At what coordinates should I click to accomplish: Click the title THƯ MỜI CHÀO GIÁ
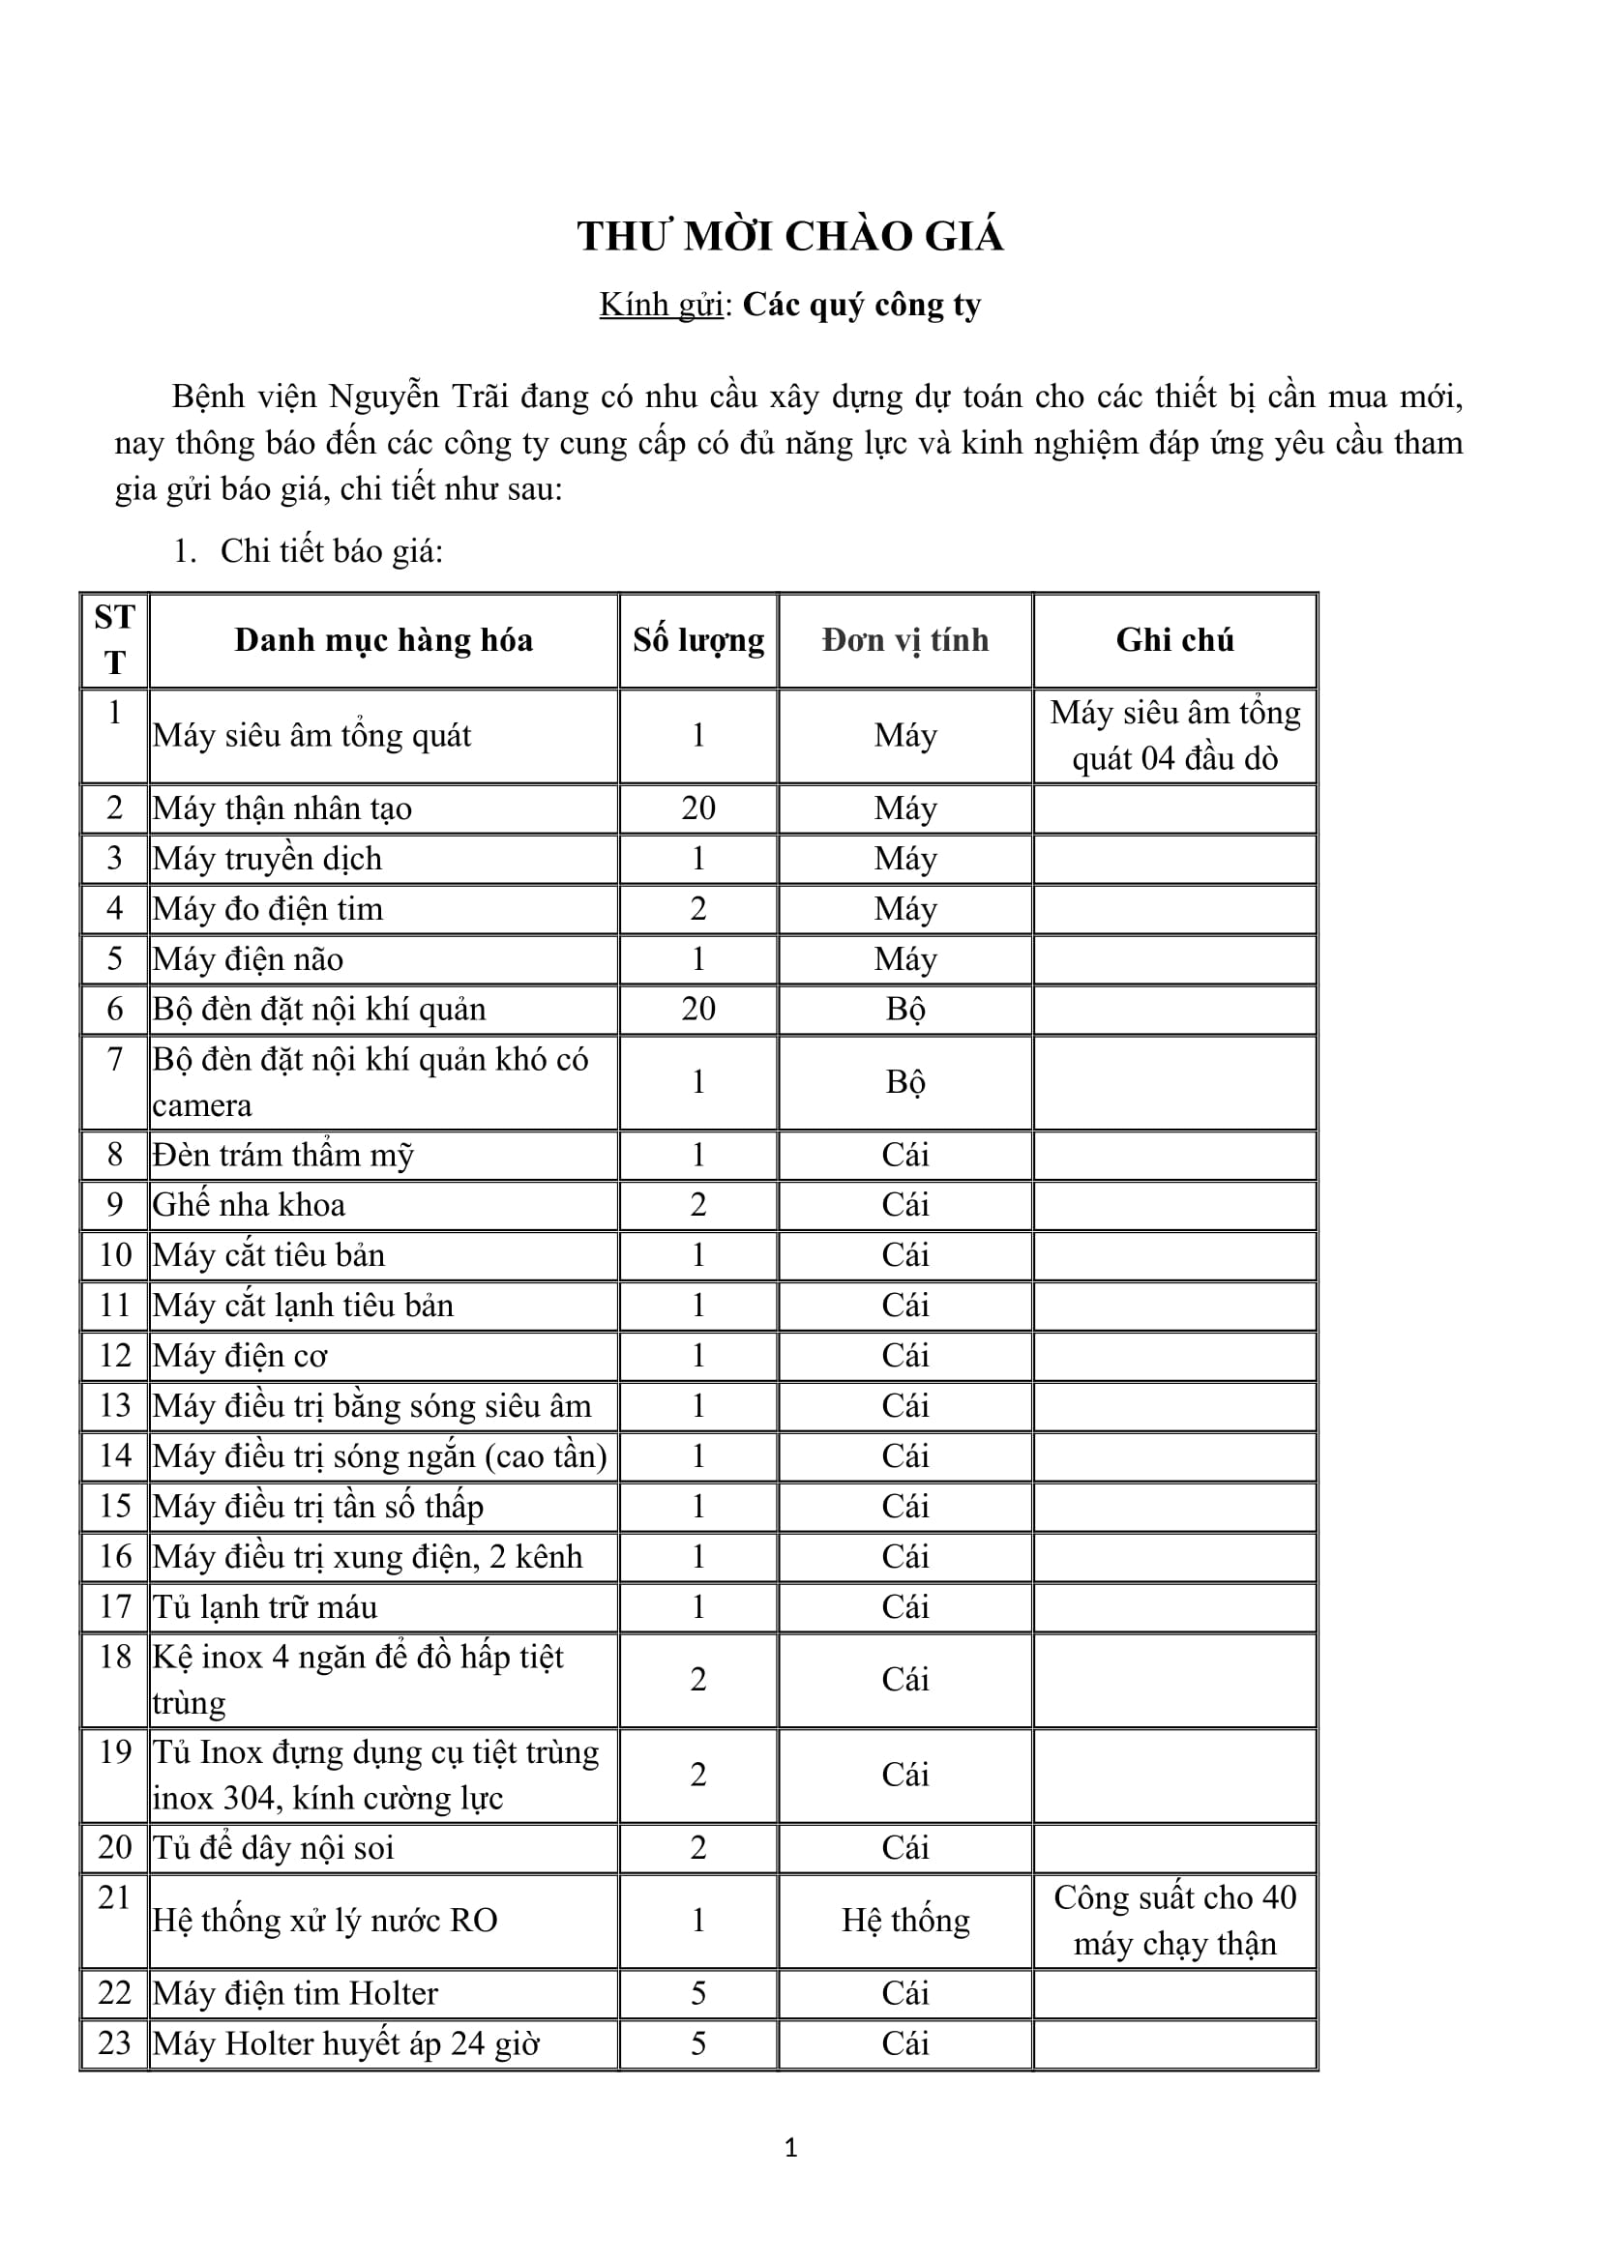[x=790, y=238]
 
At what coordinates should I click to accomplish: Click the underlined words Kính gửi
[x=661, y=306]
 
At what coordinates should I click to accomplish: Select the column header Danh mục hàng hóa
[x=383, y=640]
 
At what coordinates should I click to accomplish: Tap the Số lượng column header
[x=698, y=640]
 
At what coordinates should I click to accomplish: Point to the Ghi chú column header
[x=1174, y=640]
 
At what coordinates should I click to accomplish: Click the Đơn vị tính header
[x=905, y=640]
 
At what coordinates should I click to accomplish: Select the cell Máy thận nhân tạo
[x=282, y=808]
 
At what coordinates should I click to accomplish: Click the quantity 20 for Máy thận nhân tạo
[x=698, y=808]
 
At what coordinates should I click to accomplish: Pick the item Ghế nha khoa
[x=250, y=1205]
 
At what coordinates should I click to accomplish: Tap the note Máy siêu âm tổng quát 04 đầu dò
[x=1174, y=736]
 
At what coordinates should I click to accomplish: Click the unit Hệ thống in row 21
[x=905, y=1921]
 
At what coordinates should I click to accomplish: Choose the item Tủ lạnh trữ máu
[x=265, y=1607]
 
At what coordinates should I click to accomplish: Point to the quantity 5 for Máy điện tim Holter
[x=698, y=1993]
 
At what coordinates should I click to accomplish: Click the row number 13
[x=115, y=1406]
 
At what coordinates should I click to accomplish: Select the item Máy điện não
[x=249, y=959]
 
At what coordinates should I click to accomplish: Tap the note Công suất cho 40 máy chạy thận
[x=1174, y=1921]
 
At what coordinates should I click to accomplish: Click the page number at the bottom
[x=790, y=2148]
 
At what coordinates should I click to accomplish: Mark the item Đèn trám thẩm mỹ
[x=282, y=1155]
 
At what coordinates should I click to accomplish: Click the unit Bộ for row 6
[x=905, y=1010]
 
